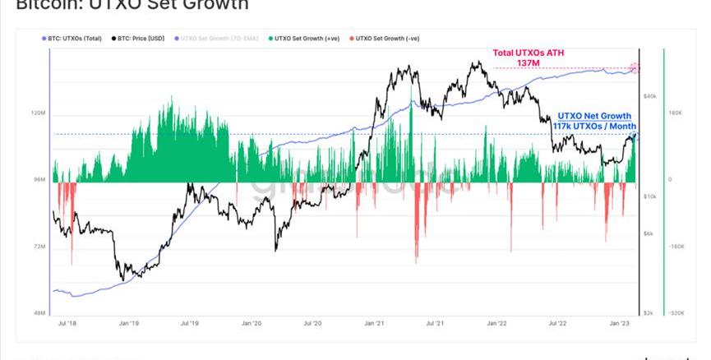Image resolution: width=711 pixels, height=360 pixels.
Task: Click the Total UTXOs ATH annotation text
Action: pyautogui.click(x=529, y=53)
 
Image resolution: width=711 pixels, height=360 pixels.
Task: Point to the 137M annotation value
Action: pyautogui.click(x=529, y=63)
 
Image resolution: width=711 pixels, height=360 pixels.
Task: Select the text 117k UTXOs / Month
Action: pyautogui.click(x=594, y=126)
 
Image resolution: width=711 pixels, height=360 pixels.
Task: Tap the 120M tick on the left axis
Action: pyautogui.click(x=38, y=113)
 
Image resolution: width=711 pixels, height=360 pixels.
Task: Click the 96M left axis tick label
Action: pyautogui.click(x=39, y=179)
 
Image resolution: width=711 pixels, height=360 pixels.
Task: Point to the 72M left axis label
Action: pyautogui.click(x=39, y=247)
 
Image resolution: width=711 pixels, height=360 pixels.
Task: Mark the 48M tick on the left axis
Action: pyautogui.click(x=39, y=313)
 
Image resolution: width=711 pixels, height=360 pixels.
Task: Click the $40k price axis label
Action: pyautogui.click(x=649, y=96)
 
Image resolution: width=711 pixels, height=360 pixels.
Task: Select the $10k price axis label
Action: pyautogui.click(x=649, y=196)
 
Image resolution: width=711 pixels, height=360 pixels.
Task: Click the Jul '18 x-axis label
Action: pyautogui.click(x=67, y=324)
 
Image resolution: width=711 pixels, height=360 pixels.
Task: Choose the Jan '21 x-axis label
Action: pyautogui.click(x=374, y=324)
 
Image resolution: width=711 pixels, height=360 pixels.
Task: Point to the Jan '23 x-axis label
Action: pyautogui.click(x=620, y=324)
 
